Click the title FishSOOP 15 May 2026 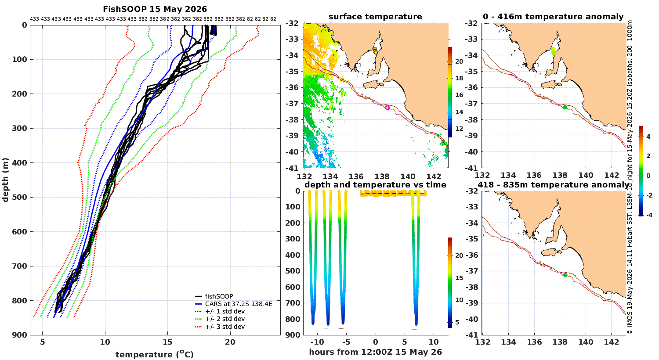155,9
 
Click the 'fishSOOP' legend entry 219,296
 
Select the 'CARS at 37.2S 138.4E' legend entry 239,304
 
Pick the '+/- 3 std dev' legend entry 225,327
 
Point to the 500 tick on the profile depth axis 20,197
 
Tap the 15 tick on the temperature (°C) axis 168,342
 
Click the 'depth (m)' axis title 5,180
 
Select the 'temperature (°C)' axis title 155,354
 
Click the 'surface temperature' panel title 375,17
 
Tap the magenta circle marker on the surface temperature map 387,107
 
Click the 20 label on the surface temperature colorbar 459,61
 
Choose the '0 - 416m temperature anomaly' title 553,17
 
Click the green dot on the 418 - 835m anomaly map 565,275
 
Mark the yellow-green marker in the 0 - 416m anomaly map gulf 553,51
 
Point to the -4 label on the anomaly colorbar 649,215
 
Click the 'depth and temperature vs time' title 375,184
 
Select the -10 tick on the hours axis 317,342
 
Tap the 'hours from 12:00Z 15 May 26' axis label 375,352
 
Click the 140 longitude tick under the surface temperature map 408,176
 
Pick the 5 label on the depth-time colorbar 457,322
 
